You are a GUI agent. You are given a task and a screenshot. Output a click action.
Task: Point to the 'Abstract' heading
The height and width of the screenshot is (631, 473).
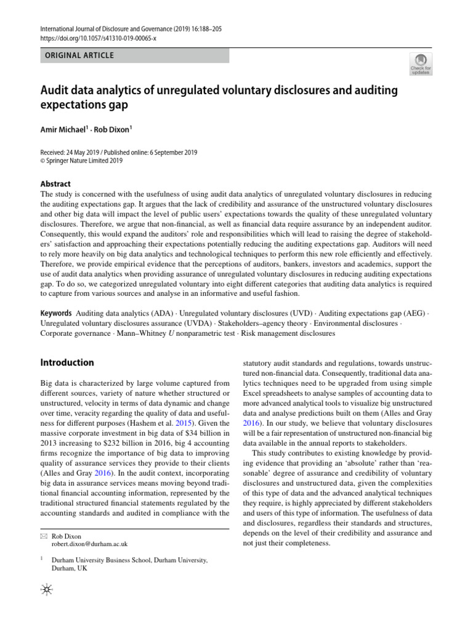click(55, 184)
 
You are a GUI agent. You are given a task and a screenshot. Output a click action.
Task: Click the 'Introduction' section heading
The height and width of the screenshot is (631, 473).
click(67, 362)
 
